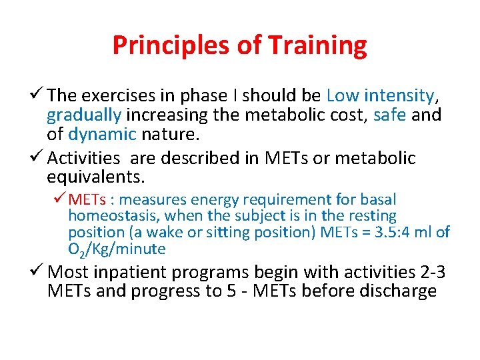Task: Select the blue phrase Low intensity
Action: coord(381,95)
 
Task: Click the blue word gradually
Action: coord(84,115)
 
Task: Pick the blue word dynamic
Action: coord(102,135)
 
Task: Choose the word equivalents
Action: coord(95,177)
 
